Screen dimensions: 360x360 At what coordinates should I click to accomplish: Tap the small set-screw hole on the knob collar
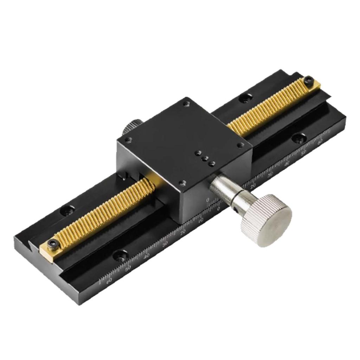pyautogui.click(x=234, y=210)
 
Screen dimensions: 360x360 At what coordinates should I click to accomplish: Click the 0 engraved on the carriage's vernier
pyautogui.click(x=208, y=200)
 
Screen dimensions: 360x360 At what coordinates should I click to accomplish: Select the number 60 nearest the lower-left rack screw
pyautogui.click(x=109, y=280)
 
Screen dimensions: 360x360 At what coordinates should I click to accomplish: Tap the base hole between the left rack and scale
pyautogui.click(x=121, y=255)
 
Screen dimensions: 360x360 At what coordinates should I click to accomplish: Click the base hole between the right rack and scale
pyautogui.click(x=299, y=138)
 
